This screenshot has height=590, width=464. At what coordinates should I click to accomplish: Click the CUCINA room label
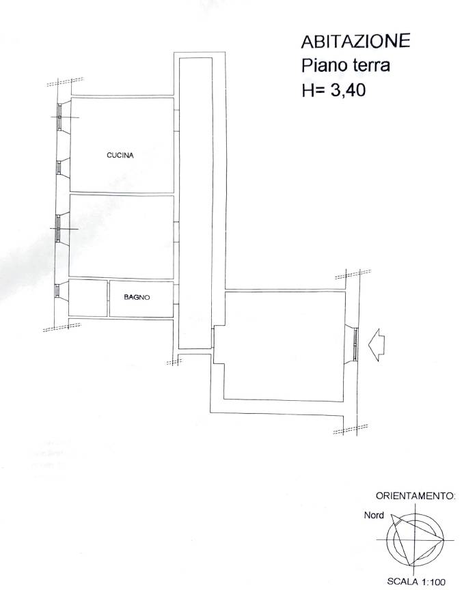pos(120,155)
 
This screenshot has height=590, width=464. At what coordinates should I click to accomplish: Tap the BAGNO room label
pos(137,297)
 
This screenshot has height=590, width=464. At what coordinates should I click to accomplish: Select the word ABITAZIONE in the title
pos(355,41)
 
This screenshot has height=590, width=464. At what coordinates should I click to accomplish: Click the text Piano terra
pos(345,66)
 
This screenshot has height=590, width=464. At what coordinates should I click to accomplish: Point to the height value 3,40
pos(348,90)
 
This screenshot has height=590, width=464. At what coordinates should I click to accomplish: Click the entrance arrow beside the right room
pos(377,345)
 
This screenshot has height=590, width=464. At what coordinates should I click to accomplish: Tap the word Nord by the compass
pos(374,515)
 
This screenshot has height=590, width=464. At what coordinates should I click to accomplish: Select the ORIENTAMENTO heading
pos(415,496)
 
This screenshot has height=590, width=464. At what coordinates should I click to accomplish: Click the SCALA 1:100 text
pos(416,581)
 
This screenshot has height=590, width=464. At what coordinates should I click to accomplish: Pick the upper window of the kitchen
pos(59,117)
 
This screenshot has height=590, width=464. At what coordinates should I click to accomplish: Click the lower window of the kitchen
pos(59,167)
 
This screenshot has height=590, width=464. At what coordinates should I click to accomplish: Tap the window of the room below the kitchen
pos(58,229)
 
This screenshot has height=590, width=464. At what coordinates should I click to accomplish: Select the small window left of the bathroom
pos(57,291)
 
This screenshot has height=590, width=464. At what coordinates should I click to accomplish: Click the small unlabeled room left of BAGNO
pos(87,298)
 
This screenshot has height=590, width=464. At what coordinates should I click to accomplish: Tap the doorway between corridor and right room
pos(213,337)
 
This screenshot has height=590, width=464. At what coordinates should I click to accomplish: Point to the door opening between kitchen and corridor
pos(176,120)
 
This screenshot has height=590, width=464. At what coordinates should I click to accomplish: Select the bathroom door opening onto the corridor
pos(176,294)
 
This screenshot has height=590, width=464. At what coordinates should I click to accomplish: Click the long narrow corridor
pos(195,203)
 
